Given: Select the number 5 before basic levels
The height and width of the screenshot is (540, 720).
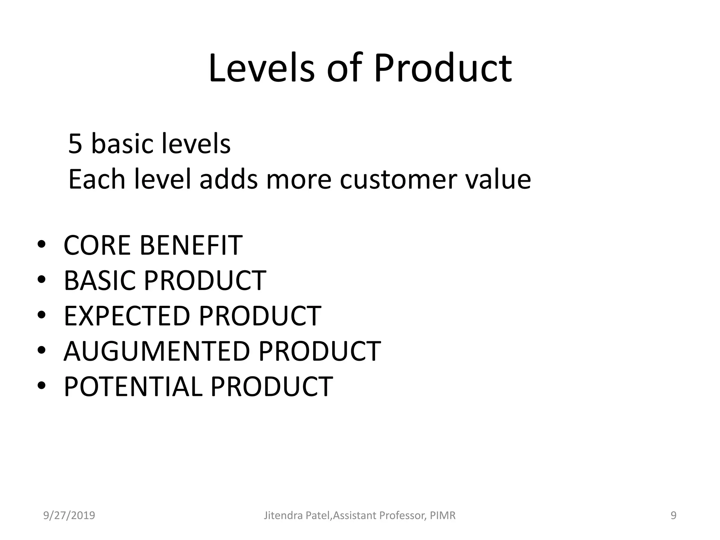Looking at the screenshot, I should tap(75, 144).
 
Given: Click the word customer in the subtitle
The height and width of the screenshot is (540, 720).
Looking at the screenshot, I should tap(398, 179).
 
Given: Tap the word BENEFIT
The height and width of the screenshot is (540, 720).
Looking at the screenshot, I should tap(191, 245).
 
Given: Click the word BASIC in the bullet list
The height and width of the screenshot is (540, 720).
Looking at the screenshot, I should tap(99, 280).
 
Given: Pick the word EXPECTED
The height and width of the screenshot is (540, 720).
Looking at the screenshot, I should tap(127, 316).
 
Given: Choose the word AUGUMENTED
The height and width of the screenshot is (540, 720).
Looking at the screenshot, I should tap(156, 351).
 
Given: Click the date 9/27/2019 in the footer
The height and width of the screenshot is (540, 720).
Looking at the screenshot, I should tap(69, 516).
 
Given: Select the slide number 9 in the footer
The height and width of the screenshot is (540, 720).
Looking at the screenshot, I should tap(673, 516).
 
